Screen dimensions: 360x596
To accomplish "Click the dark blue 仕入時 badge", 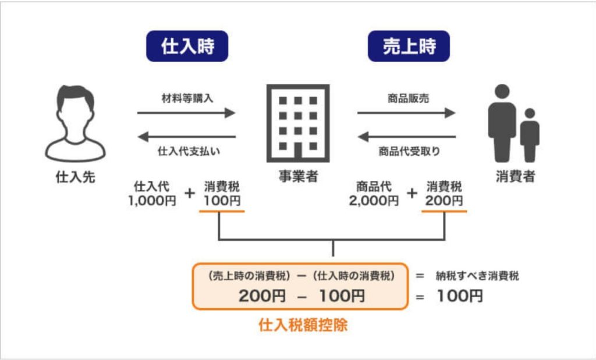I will (187, 47).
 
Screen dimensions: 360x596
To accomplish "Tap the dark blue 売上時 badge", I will (409, 47).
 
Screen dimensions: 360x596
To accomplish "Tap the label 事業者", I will (297, 177).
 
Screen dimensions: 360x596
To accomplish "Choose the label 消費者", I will (515, 177).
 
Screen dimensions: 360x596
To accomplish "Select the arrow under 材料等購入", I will (186, 113).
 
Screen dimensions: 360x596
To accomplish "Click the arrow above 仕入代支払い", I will (186, 137).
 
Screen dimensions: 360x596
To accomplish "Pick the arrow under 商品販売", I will (406, 113).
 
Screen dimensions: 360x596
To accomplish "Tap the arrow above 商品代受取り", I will (406, 137).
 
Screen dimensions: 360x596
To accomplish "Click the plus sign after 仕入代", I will (189, 194).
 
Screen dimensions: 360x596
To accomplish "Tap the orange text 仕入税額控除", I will (303, 325).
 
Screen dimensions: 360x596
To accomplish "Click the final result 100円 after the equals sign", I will (460, 296).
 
